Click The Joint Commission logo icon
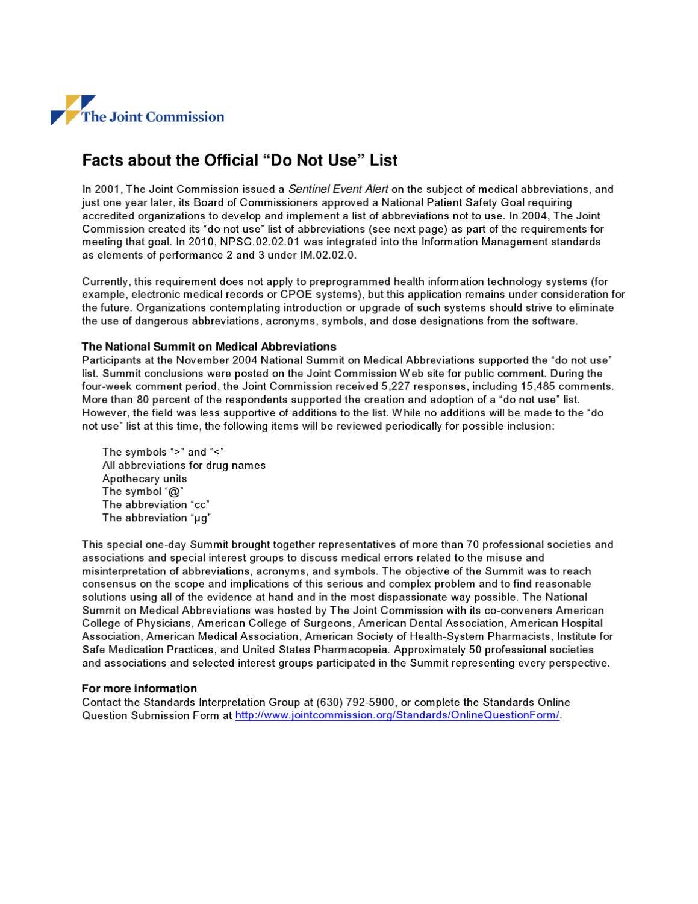click(72, 109)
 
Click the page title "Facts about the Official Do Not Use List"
click(240, 160)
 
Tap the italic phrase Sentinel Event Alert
click(338, 189)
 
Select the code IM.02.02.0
click(328, 255)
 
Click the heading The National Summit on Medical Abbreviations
click(209, 347)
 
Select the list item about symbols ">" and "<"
click(163, 452)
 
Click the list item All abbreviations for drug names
click(184, 465)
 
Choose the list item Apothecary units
click(145, 479)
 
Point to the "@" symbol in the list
click(174, 492)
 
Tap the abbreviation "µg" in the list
click(201, 518)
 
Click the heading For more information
click(139, 688)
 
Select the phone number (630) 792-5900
click(355, 702)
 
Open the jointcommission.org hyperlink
click(397, 715)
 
